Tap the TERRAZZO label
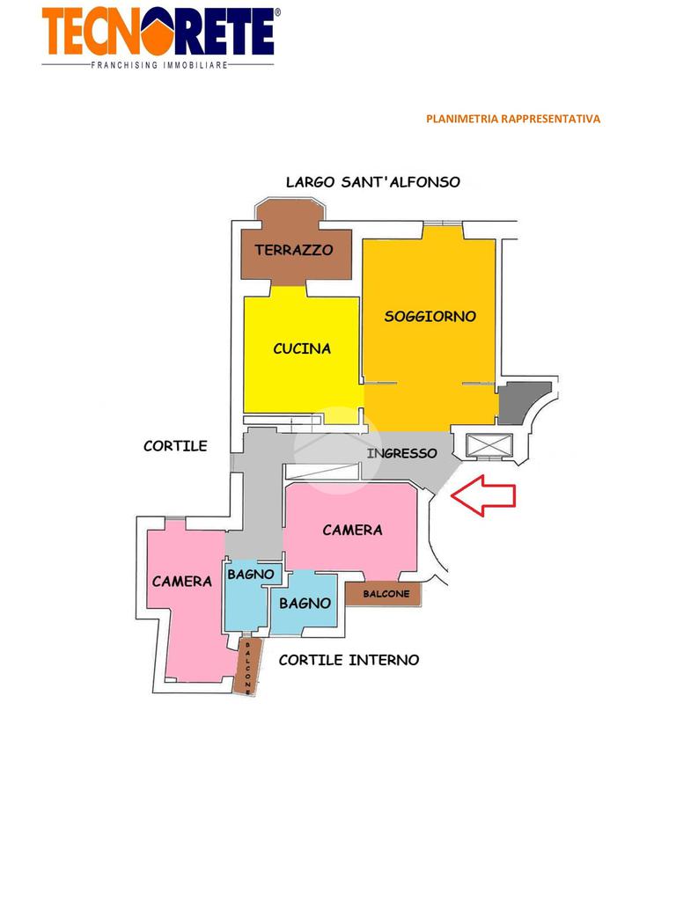click(294, 250)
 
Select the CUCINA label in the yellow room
click(302, 348)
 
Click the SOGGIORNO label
click(430, 316)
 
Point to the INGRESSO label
click(401, 453)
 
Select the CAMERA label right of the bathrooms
click(352, 530)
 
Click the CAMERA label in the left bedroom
click(182, 581)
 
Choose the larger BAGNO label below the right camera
click(305, 603)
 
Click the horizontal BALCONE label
click(386, 594)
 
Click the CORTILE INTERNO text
click(349, 659)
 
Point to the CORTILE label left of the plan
click(175, 446)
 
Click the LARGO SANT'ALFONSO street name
click(372, 182)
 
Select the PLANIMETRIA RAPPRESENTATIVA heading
click(512, 119)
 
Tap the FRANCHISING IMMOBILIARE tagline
click(159, 65)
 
